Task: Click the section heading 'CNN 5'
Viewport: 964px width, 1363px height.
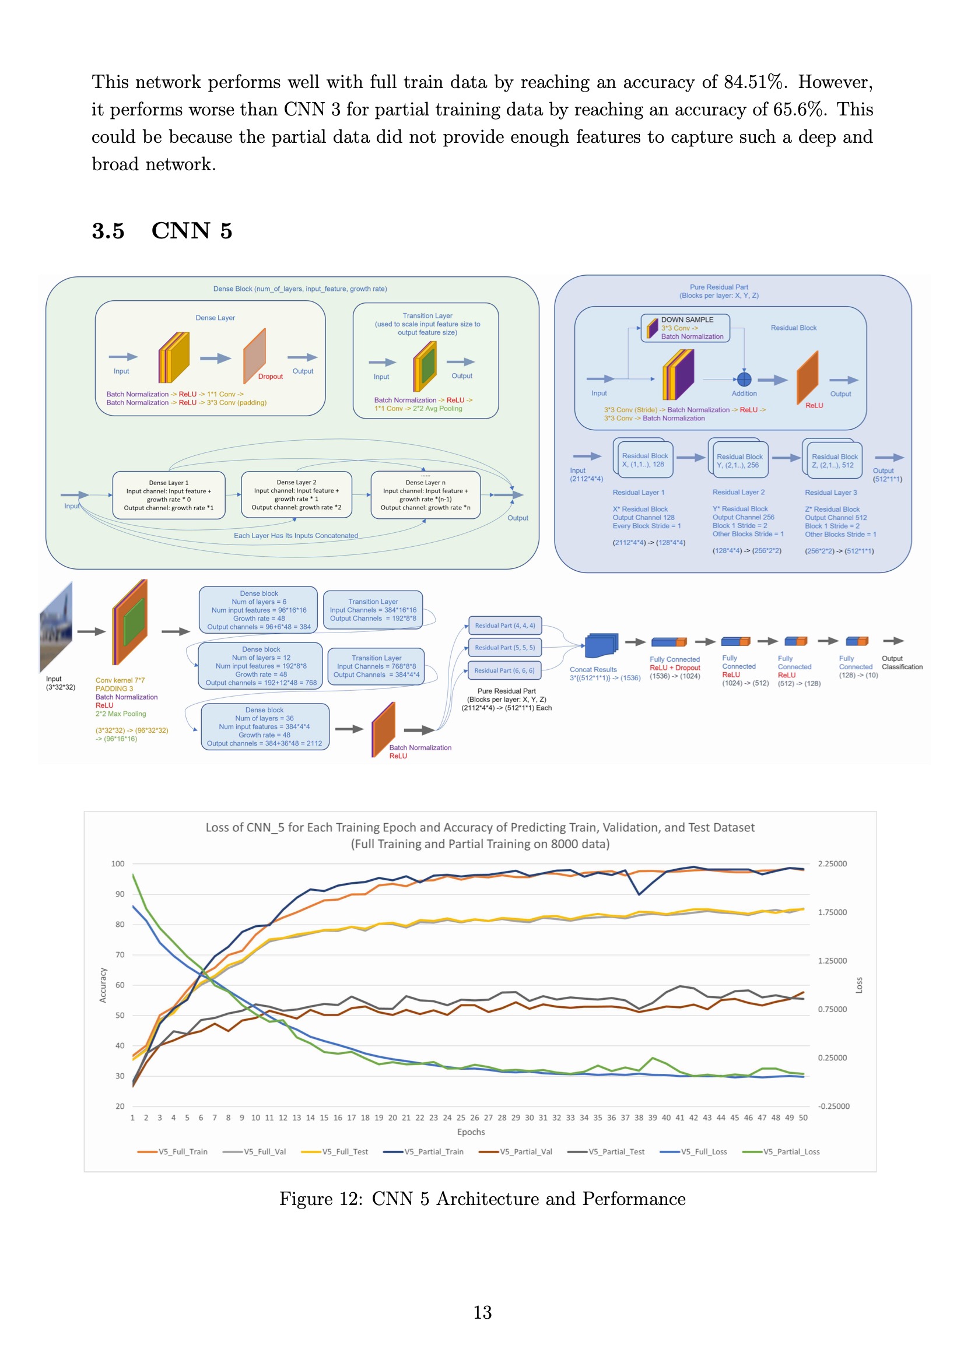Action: (191, 231)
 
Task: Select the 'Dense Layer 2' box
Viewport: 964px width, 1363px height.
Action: (296, 494)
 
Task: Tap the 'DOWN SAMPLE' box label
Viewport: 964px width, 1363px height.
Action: (687, 320)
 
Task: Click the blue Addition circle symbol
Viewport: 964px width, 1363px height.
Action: (744, 379)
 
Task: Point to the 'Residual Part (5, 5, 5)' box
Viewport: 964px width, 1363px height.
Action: (505, 648)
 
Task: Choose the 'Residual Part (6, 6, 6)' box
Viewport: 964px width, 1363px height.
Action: (504, 671)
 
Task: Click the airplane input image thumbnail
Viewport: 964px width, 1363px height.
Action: (56, 626)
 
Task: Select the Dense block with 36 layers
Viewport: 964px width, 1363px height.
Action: (264, 726)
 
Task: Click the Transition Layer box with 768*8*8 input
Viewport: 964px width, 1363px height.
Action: (376, 666)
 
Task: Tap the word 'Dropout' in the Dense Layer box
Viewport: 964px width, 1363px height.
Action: (270, 377)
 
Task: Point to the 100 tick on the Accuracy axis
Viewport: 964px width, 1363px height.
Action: (118, 864)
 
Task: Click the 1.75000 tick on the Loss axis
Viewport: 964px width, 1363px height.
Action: (832, 912)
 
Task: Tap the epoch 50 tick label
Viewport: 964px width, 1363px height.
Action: (803, 1118)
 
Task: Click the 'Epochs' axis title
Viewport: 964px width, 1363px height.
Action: (471, 1132)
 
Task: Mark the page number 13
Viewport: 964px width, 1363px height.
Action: (482, 1312)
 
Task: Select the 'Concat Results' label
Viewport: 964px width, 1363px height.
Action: (593, 670)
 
